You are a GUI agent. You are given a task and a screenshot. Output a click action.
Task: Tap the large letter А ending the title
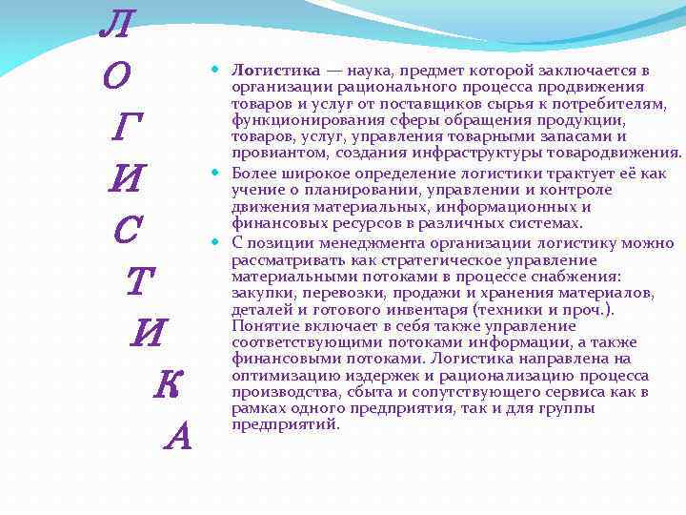pyautogui.click(x=178, y=436)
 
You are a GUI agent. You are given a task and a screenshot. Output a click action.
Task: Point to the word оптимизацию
pyautogui.click(x=285, y=375)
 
